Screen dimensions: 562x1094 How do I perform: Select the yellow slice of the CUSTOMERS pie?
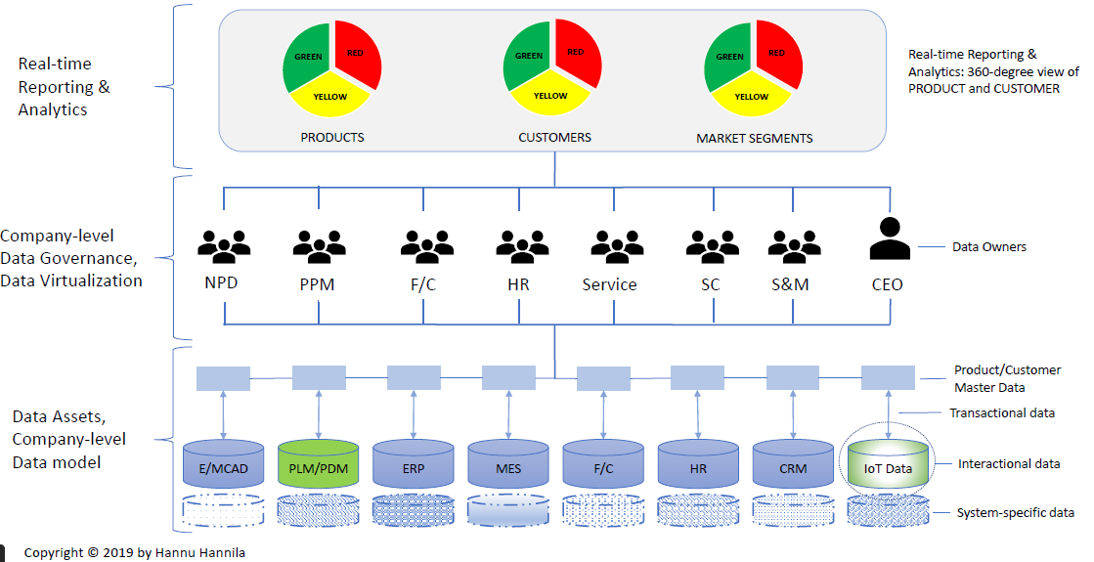(x=549, y=97)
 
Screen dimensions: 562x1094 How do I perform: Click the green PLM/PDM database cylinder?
(x=319, y=464)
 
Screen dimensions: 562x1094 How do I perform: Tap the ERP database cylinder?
(x=414, y=466)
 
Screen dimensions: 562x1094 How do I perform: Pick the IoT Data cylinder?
(x=888, y=465)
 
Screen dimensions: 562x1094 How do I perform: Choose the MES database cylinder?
(x=508, y=466)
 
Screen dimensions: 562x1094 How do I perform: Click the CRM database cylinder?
(x=793, y=466)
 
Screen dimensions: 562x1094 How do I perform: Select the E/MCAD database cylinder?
(x=224, y=466)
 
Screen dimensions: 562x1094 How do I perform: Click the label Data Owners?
(x=989, y=247)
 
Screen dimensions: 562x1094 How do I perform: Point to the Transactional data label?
(x=1002, y=413)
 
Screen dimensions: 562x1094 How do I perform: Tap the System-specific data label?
(x=1016, y=513)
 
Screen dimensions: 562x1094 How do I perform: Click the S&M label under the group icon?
(x=789, y=285)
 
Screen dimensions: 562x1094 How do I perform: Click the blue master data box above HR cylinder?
(x=698, y=377)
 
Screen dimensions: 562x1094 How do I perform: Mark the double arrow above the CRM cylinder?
(x=793, y=415)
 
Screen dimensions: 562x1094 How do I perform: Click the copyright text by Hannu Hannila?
(x=135, y=553)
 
